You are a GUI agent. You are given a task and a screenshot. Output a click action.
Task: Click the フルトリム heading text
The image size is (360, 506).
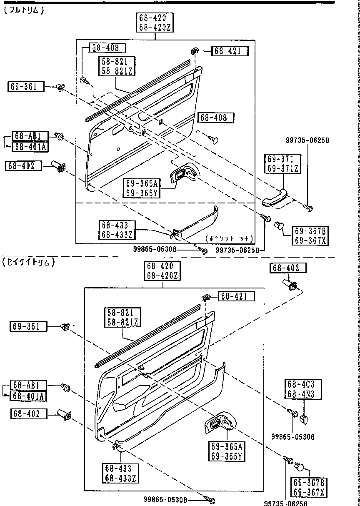pyautogui.click(x=23, y=10)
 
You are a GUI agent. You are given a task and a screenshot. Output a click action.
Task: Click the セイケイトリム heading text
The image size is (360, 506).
pyautogui.click(x=28, y=263)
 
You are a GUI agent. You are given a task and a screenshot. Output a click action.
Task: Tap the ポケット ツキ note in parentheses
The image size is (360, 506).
pyautogui.click(x=230, y=239)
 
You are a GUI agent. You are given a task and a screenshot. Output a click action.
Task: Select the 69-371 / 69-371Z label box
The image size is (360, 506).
pyautogui.click(x=282, y=164)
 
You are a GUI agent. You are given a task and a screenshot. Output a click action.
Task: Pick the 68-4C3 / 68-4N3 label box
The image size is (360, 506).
pyautogui.click(x=303, y=389)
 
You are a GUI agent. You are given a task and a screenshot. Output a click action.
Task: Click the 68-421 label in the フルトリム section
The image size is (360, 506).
pyautogui.click(x=230, y=51)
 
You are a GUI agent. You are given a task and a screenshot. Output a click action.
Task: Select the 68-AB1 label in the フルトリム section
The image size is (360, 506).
pyautogui.click(x=30, y=136)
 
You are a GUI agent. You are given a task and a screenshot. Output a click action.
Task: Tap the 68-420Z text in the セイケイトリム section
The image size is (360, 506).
pyautogui.click(x=162, y=276)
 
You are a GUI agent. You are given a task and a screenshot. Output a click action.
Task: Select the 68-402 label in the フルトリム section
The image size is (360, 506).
pyautogui.click(x=23, y=166)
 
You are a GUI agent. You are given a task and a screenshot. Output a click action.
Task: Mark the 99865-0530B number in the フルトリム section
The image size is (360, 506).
pyautogui.click(x=155, y=249)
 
